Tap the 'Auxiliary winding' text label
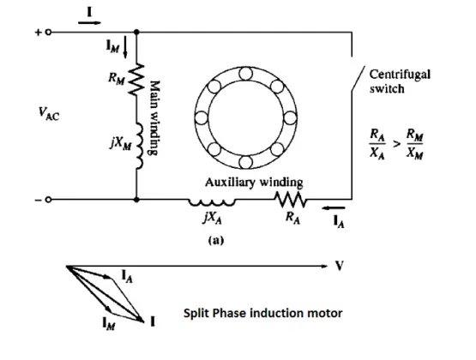tap(253, 183)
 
